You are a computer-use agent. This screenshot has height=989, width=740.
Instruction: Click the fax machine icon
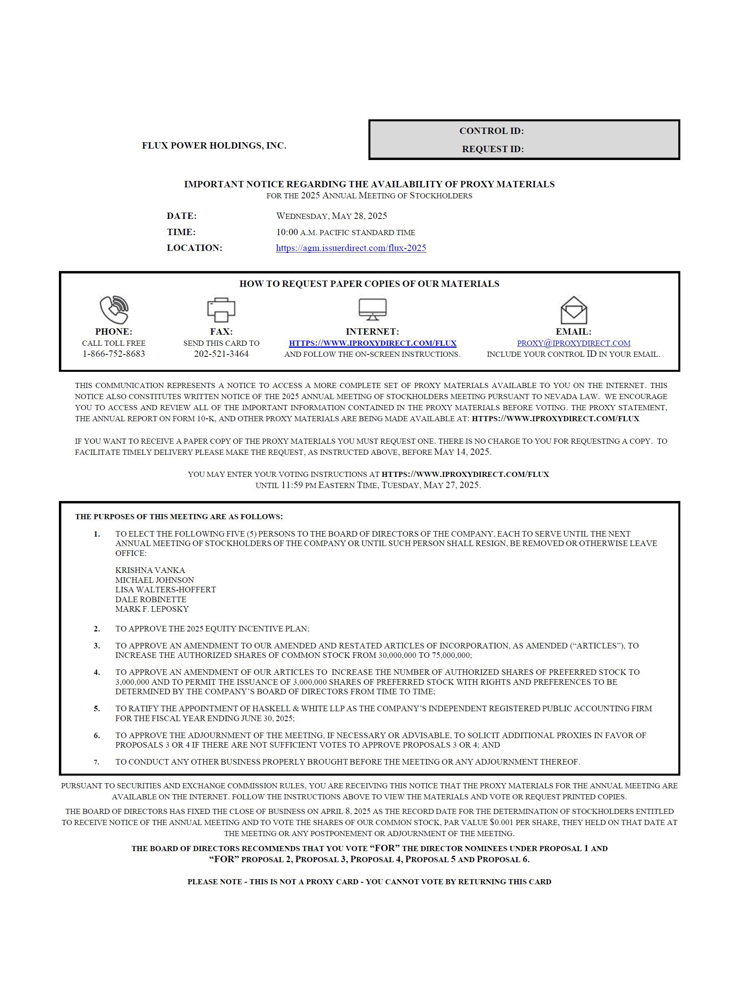pyautogui.click(x=221, y=309)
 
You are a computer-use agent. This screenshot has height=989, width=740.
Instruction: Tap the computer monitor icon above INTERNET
pyautogui.click(x=372, y=309)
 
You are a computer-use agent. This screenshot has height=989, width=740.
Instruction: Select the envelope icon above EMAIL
pyautogui.click(x=573, y=310)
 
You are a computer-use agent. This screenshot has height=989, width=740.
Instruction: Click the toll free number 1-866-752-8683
pyautogui.click(x=113, y=354)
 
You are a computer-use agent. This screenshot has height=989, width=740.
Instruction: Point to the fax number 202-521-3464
pyautogui.click(x=221, y=354)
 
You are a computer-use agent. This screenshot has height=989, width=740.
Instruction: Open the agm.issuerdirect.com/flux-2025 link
pyautogui.click(x=351, y=248)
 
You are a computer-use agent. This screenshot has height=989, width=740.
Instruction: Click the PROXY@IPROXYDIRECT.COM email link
pyautogui.click(x=573, y=343)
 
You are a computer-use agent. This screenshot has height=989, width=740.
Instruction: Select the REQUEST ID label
pyautogui.click(x=493, y=149)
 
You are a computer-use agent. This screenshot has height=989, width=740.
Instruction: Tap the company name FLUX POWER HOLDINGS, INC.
pyautogui.click(x=214, y=145)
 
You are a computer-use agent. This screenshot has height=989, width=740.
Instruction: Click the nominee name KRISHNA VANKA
pyautogui.click(x=150, y=570)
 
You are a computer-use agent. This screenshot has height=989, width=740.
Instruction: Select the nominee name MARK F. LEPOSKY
pyautogui.click(x=152, y=608)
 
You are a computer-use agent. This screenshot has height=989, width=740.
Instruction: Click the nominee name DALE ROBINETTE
pyautogui.click(x=151, y=599)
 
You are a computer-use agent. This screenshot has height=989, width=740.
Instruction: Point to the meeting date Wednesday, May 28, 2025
pyautogui.click(x=331, y=216)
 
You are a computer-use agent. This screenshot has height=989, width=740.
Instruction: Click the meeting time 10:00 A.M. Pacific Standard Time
pyautogui.click(x=345, y=232)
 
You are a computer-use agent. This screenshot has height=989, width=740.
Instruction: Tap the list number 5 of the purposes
pyautogui.click(x=96, y=709)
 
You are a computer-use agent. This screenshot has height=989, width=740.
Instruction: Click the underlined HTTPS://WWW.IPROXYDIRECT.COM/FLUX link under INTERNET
pyautogui.click(x=372, y=343)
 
